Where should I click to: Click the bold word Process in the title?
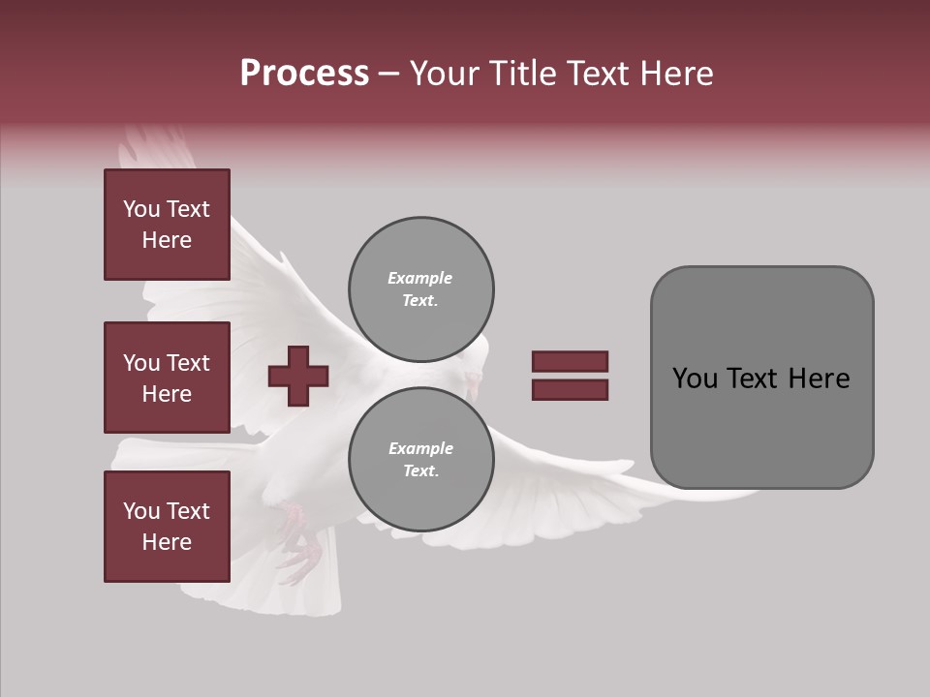(304, 74)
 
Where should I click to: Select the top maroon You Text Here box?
(167, 225)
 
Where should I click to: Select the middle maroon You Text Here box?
(167, 378)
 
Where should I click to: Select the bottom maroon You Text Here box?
(167, 527)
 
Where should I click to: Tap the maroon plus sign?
(298, 376)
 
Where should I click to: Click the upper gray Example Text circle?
(420, 289)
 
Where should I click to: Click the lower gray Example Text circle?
(420, 460)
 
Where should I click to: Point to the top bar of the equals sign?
(570, 362)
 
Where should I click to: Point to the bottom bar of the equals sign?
(570, 390)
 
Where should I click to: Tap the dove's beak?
(474, 389)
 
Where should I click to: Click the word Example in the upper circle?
(420, 279)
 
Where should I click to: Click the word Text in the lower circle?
(420, 471)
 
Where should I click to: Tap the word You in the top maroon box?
(140, 209)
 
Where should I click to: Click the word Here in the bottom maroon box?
(167, 542)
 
